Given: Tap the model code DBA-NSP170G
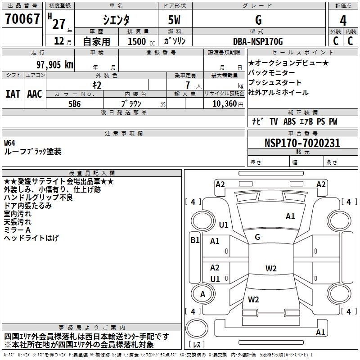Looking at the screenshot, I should coord(258,41).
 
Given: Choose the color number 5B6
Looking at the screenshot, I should coord(75,103).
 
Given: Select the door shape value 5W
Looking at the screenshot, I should coord(175,20).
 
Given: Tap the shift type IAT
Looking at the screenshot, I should coord(13,94).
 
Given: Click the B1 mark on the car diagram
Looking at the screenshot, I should coord(194,240).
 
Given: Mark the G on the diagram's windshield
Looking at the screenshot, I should coord(257,237).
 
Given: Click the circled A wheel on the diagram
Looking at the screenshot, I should coord(202,294).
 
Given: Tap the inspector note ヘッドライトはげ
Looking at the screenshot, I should coord(31,238).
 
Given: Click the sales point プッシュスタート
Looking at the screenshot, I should coord(275,83).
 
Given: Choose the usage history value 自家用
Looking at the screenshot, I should coord(96,41).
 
